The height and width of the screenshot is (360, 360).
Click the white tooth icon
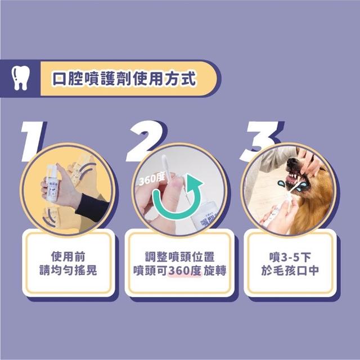(20, 78)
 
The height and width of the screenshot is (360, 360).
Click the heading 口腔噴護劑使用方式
(124, 79)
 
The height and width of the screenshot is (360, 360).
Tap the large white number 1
(31, 141)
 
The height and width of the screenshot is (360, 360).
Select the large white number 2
(144, 141)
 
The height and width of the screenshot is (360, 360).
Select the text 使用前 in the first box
(68, 256)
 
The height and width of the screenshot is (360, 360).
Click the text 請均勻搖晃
(68, 270)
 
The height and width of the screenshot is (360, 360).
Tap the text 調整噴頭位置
(180, 256)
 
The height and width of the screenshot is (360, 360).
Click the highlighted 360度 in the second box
(185, 271)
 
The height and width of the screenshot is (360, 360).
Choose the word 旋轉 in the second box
(215, 271)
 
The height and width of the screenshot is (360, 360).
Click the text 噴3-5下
(290, 256)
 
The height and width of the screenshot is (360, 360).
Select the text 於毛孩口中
(290, 271)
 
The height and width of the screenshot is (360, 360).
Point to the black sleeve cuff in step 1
(92, 208)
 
